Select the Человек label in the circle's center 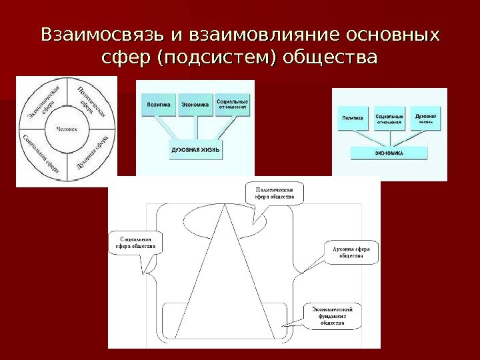[x=67, y=129]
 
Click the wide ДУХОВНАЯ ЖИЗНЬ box [x=195, y=149]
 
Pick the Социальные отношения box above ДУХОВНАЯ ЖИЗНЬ [x=233, y=105]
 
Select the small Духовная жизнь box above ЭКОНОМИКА [x=425, y=118]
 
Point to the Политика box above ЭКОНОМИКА [x=353, y=119]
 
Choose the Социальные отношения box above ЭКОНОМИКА [x=389, y=119]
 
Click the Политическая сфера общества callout [x=275, y=193]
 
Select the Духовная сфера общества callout [x=351, y=252]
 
